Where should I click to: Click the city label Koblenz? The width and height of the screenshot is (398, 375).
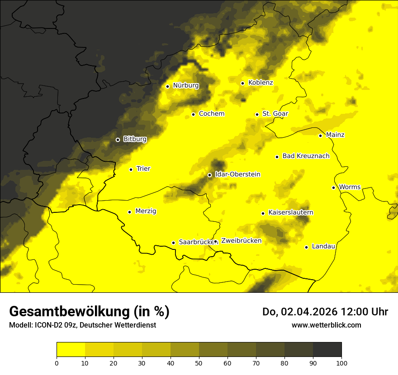[x=261, y=83]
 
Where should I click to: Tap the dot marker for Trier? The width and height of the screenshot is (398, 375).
[x=131, y=169]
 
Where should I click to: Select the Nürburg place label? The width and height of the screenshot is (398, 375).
[x=185, y=85]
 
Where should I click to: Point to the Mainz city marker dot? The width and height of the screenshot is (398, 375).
[x=320, y=136]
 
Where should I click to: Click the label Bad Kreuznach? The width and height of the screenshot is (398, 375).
[x=306, y=156]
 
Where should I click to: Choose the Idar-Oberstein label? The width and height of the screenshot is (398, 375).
[x=237, y=174]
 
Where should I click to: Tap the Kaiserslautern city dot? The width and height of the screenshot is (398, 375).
[x=263, y=213]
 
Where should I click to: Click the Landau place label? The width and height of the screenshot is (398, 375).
[x=323, y=246]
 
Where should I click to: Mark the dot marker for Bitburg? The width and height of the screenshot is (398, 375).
[x=118, y=140]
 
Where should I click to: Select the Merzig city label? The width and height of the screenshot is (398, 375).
[x=146, y=211]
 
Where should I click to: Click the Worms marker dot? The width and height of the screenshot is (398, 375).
[x=333, y=187]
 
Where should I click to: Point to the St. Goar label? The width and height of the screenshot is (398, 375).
[x=275, y=114]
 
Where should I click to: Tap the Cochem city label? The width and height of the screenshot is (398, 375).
[x=211, y=114]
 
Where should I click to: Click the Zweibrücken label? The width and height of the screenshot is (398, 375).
[x=241, y=241]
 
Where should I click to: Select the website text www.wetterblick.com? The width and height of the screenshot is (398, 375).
[x=326, y=325]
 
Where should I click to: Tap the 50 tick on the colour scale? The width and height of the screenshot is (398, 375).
[x=199, y=363]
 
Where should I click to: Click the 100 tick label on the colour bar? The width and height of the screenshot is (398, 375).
[x=341, y=363]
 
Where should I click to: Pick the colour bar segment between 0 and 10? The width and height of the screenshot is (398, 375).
[x=71, y=349]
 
